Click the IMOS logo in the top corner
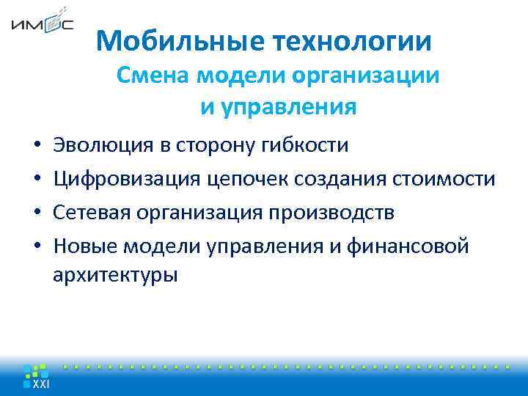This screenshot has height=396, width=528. coord(42,24)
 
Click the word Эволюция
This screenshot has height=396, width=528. coord(103,145)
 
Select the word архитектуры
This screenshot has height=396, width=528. coord(115,276)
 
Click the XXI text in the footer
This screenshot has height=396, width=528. coord(40,384)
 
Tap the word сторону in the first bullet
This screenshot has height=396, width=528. coord(216,145)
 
